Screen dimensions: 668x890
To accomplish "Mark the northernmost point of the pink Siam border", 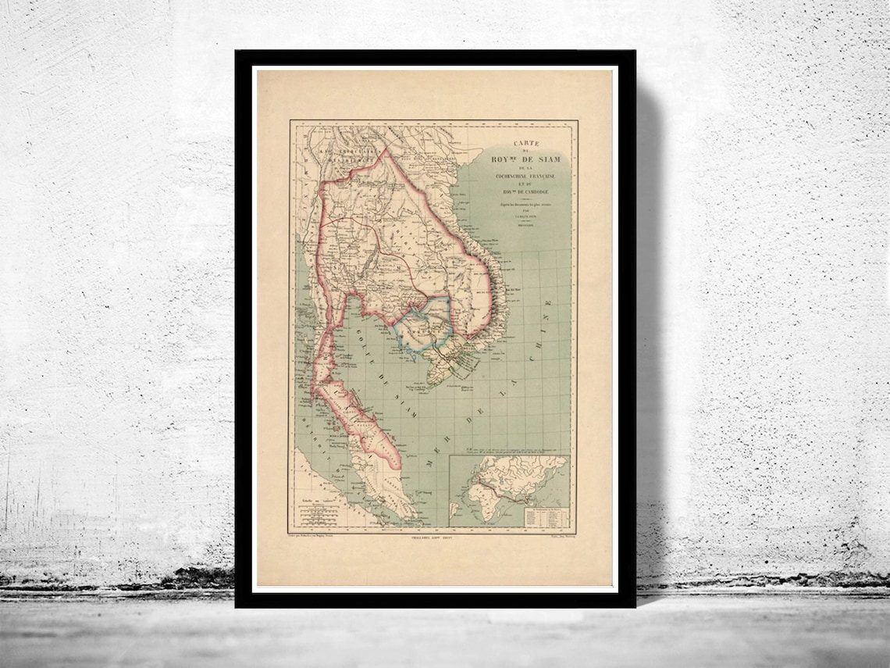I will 383,149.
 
